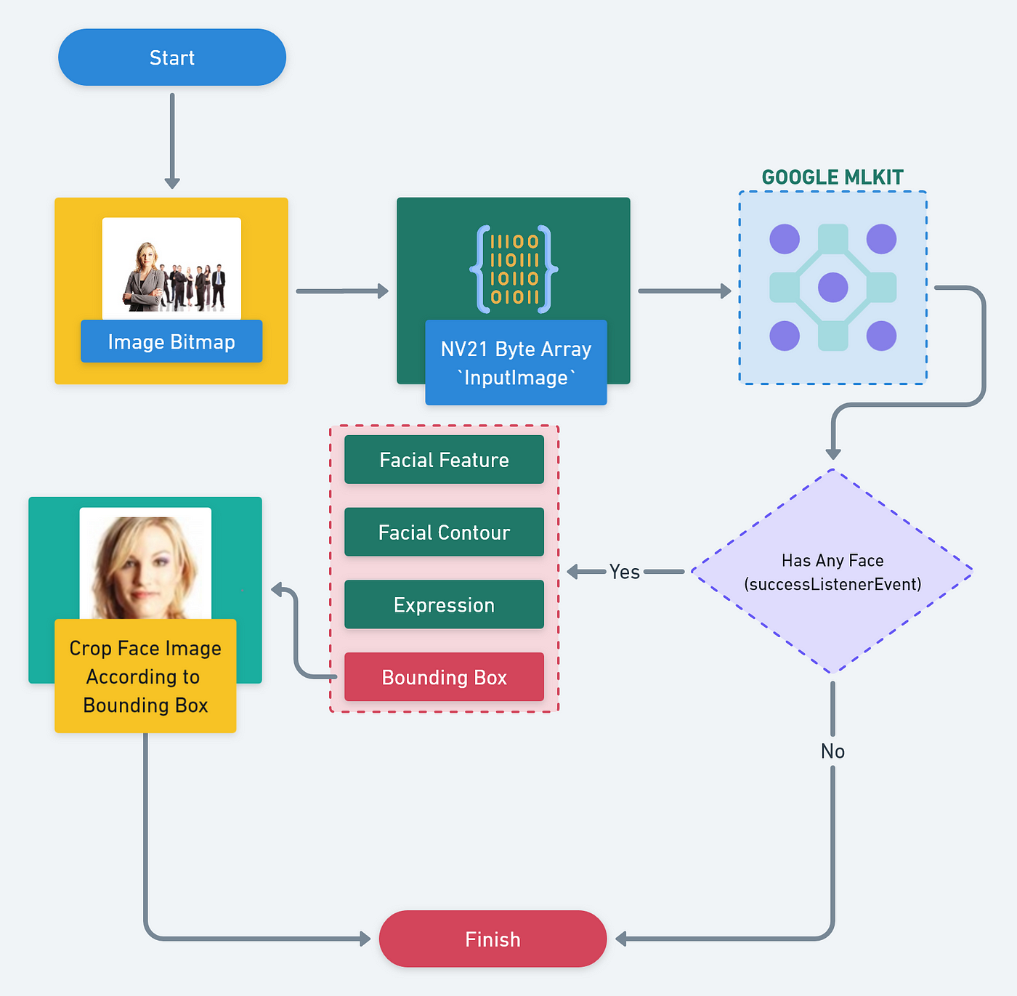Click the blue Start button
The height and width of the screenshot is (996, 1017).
tap(172, 57)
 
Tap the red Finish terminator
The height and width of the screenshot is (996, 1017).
tap(493, 939)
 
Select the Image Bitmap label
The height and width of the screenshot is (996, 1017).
tap(171, 341)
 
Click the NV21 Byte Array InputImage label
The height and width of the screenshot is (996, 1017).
tap(516, 363)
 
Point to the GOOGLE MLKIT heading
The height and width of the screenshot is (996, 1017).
tap(832, 177)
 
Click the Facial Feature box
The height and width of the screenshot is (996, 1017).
tap(445, 460)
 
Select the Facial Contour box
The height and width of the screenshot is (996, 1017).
tap(445, 532)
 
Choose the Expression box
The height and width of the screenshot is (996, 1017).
tap(445, 604)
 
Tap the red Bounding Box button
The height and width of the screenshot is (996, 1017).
tap(445, 677)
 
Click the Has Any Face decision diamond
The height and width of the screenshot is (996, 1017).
tap(832, 572)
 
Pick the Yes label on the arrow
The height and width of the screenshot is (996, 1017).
tap(624, 572)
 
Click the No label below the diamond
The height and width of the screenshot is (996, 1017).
tap(832, 751)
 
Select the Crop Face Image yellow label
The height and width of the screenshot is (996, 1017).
tap(146, 676)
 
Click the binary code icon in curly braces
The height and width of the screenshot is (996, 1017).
tap(514, 270)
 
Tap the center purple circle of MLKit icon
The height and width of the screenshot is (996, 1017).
tap(832, 288)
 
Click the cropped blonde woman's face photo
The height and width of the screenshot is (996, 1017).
tap(146, 564)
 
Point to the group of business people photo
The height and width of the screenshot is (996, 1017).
tap(171, 269)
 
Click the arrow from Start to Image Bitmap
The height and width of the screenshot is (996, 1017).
tap(172, 141)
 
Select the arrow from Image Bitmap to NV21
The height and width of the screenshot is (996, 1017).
tap(343, 291)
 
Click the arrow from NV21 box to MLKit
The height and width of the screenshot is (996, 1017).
tap(684, 291)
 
